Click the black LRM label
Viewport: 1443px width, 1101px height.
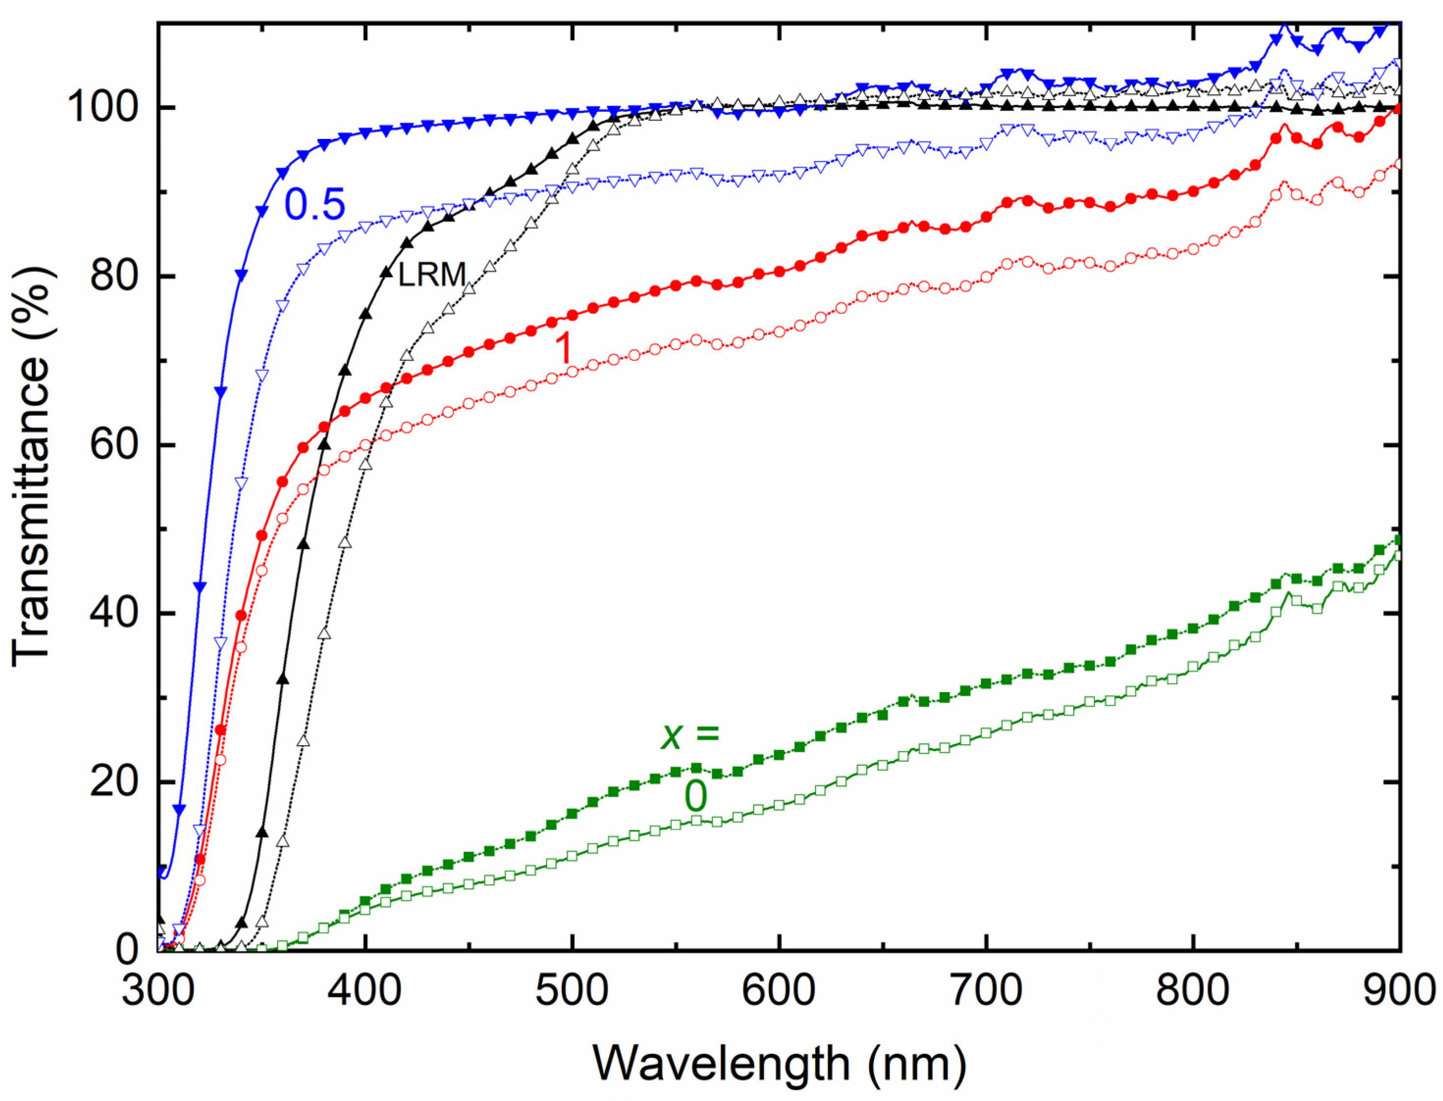click(432, 274)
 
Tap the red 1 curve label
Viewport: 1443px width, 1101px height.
click(563, 348)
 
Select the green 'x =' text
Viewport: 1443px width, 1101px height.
click(690, 735)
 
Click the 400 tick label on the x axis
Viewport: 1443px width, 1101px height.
click(364, 990)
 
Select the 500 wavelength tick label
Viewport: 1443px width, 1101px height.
click(572, 990)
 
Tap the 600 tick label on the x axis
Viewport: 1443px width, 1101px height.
click(778, 990)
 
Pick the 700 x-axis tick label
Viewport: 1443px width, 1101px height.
click(985, 990)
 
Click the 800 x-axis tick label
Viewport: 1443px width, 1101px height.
click(1192, 990)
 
